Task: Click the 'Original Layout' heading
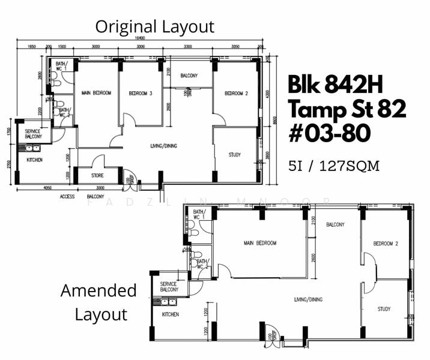click(154, 26)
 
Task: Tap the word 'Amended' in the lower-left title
click(98, 291)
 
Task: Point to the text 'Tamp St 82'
click(347, 110)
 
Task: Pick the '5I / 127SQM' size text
click(334, 166)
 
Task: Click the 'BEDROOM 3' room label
click(140, 93)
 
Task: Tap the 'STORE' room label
click(97, 176)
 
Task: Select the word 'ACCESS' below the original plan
click(67, 196)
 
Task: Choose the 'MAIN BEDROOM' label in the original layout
click(95, 93)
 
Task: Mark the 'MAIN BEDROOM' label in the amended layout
click(260, 243)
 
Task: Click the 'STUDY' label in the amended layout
click(384, 309)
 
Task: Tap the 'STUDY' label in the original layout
click(235, 155)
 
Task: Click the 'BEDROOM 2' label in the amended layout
click(386, 244)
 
